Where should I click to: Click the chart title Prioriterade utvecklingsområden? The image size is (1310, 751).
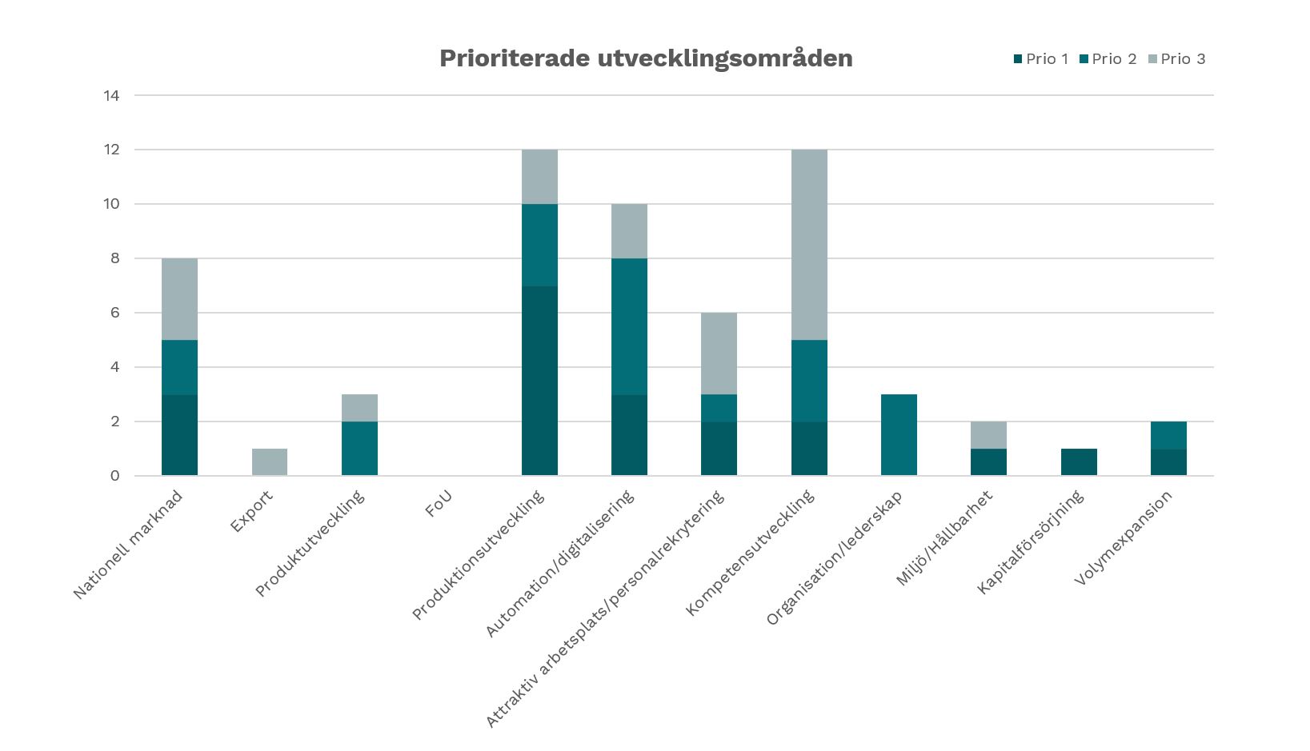pyautogui.click(x=646, y=58)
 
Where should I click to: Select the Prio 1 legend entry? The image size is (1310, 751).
pyautogui.click(x=1041, y=59)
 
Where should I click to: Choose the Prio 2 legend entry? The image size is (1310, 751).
pyautogui.click(x=1108, y=59)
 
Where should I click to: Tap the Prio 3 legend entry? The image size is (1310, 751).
pyautogui.click(x=1177, y=59)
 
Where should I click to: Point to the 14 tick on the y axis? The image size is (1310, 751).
pyautogui.click(x=111, y=95)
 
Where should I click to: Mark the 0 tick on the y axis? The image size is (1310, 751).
pyautogui.click(x=115, y=476)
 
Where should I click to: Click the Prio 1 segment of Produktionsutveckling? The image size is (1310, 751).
pyautogui.click(x=539, y=381)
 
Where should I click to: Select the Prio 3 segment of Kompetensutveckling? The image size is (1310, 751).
pyautogui.click(x=809, y=245)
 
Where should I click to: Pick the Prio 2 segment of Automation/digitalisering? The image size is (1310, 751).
pyautogui.click(x=629, y=326)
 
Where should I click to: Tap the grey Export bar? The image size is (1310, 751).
pyautogui.click(x=270, y=462)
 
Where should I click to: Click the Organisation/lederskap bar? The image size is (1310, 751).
pyautogui.click(x=899, y=435)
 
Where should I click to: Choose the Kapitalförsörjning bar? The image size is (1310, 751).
pyautogui.click(x=1079, y=462)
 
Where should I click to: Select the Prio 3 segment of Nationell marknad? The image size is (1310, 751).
pyautogui.click(x=179, y=299)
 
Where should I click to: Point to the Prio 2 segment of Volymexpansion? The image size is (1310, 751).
pyautogui.click(x=1168, y=435)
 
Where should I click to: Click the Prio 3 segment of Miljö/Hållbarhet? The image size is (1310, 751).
pyautogui.click(x=988, y=435)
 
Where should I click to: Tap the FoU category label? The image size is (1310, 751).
pyautogui.click(x=439, y=503)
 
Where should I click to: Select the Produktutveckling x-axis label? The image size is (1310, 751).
pyautogui.click(x=310, y=544)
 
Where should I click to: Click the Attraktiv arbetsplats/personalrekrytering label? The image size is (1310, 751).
pyautogui.click(x=605, y=609)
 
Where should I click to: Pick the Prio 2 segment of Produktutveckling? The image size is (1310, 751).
pyautogui.click(x=359, y=449)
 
